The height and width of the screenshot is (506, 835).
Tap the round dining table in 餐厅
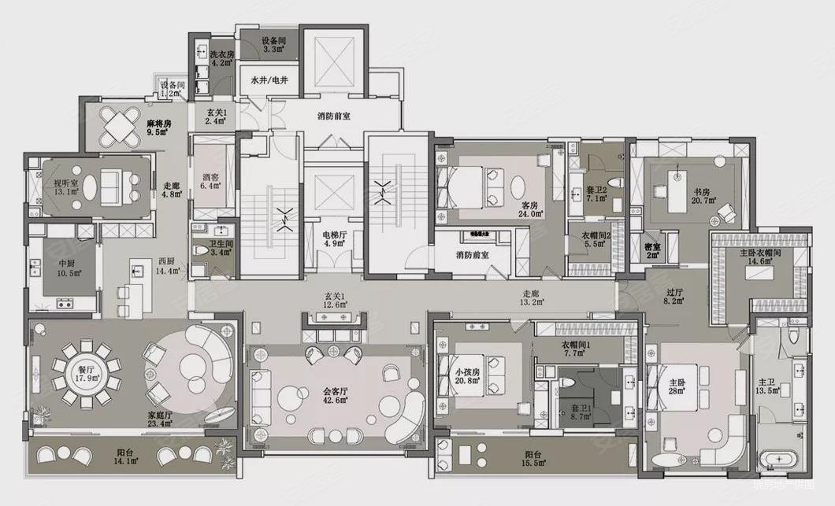tap(85, 371)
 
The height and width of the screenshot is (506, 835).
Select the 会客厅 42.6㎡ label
tap(337, 393)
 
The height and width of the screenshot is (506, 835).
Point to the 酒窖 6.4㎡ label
tap(210, 182)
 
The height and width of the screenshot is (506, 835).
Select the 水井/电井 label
tap(268, 81)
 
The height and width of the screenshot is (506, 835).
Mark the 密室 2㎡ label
tap(652, 249)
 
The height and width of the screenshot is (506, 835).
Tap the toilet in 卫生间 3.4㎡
tap(202, 251)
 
